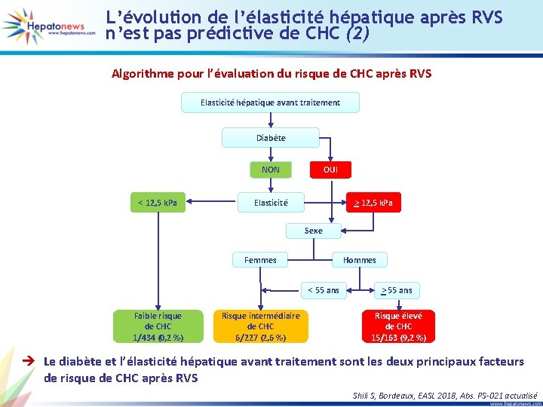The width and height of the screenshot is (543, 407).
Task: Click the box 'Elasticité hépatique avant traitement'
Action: [x=270, y=103]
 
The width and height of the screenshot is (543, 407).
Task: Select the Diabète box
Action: [x=271, y=138]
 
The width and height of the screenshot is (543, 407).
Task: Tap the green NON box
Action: [x=270, y=170]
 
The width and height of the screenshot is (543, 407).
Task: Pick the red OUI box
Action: [x=330, y=170]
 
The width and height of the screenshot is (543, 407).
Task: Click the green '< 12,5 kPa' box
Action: [x=158, y=202]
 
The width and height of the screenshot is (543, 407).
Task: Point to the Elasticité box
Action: [x=270, y=203]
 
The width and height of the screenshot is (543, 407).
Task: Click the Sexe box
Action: [x=313, y=231]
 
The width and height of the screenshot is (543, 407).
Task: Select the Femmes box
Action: [x=260, y=260]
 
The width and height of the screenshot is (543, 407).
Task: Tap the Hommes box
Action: [x=359, y=260]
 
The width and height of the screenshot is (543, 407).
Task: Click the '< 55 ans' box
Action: [x=323, y=290]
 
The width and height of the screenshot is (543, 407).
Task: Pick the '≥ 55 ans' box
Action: [x=397, y=290]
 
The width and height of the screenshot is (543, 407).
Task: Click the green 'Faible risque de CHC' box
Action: [x=158, y=326]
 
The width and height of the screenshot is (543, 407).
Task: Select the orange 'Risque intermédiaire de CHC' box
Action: [x=260, y=326]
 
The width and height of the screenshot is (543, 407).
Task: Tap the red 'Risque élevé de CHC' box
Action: [x=398, y=326]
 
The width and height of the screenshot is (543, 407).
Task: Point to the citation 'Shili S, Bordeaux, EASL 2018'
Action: [x=444, y=394]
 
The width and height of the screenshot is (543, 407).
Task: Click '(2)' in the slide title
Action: [x=357, y=34]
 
